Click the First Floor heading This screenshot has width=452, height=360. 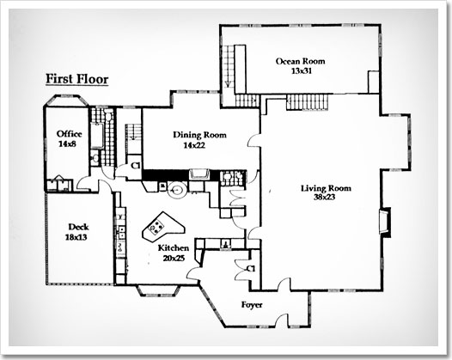pos(77,80)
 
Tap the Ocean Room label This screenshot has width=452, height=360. pos(301,61)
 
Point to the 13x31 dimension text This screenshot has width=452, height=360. pos(302,71)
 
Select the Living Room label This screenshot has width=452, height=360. pos(327,188)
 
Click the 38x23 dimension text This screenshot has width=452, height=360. pos(325,198)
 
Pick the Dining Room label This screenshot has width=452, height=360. pos(199,135)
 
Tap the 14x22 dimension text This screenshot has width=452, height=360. pos(194,145)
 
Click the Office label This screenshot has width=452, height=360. pos(70,134)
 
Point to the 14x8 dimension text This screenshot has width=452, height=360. pos(67,143)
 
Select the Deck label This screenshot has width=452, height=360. pos(78,227)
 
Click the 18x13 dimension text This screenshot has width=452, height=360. pos(76,237)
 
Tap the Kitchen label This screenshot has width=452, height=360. pos(174,248)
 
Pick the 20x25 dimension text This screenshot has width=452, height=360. pos(174,259)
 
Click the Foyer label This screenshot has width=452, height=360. pos(252,305)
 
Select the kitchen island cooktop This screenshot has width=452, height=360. pos(156,227)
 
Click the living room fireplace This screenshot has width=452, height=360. pos(385,222)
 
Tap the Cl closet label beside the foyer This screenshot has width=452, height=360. pos(251,269)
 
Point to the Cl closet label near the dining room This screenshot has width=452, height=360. pos(135,166)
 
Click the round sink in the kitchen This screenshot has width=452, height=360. pos(178,190)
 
